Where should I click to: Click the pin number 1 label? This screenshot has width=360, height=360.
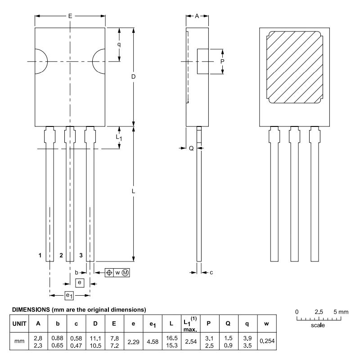40,255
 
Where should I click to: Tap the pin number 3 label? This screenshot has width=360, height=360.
81,255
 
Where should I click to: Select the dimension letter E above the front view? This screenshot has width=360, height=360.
70,16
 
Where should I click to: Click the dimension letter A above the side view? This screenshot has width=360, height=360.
197,16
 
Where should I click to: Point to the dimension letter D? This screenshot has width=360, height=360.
133,76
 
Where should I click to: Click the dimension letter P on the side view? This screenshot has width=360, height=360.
222,62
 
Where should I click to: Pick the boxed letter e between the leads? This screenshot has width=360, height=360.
80,283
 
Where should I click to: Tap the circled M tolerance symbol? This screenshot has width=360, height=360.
125,273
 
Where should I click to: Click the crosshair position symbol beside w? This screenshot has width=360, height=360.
109,273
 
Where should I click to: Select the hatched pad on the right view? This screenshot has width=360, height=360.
295,67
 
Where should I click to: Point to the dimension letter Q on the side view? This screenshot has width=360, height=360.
191,148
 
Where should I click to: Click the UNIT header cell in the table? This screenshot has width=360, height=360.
19,324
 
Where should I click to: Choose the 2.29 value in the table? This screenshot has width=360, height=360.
133,342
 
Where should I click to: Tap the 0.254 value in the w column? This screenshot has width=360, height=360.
267,341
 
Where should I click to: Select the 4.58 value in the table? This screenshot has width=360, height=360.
153,342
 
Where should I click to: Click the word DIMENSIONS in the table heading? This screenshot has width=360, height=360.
31,310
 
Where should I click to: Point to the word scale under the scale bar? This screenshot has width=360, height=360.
318,325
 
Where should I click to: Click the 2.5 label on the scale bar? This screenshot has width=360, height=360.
319,312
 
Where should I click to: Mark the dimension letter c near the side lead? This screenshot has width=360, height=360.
211,273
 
